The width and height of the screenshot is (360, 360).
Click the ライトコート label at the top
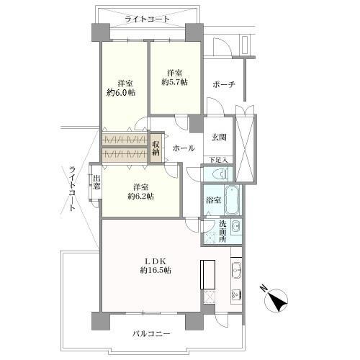pyautogui.click(x=143, y=19)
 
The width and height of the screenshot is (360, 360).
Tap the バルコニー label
pyautogui.click(x=151, y=334)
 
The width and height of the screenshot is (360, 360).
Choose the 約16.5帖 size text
pyautogui.click(x=155, y=270)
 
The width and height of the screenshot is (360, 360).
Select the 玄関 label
pyautogui.click(x=219, y=138)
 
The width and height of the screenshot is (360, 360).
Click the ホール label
pyautogui.click(x=181, y=148)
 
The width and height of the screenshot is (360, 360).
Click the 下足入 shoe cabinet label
pyautogui.click(x=219, y=159)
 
